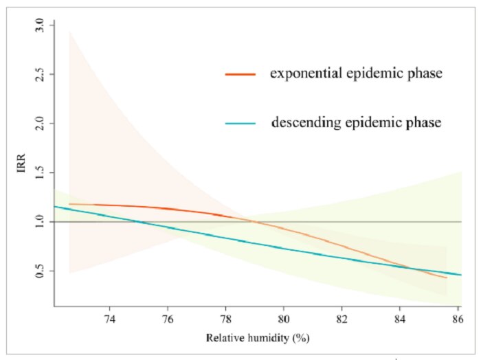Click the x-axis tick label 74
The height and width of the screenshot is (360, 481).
(x=109, y=319)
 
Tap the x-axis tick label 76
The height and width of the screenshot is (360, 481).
(x=168, y=319)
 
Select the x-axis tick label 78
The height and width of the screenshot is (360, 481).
(x=225, y=319)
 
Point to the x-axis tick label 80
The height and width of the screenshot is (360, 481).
(x=283, y=319)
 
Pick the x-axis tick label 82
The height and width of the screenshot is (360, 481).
(x=342, y=319)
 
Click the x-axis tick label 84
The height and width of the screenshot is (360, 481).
(x=399, y=319)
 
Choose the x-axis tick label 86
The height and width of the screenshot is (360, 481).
(x=458, y=319)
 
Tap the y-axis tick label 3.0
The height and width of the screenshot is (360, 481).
(x=40, y=25)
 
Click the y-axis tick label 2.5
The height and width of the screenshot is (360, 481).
(x=40, y=74)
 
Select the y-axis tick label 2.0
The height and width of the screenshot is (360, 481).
(x=40, y=123)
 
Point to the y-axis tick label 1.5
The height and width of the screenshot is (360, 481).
(x=40, y=172)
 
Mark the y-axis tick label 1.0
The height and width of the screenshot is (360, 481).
(x=40, y=222)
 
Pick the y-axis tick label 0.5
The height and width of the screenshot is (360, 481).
(x=40, y=271)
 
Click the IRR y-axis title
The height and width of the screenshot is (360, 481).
(x=21, y=163)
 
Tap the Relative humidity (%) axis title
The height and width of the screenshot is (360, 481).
(x=258, y=338)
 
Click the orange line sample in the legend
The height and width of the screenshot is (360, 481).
(x=240, y=74)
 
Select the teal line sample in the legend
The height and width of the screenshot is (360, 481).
(x=240, y=124)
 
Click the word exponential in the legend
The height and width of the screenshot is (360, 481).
(x=306, y=74)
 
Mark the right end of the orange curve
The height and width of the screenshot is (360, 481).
(x=447, y=278)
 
